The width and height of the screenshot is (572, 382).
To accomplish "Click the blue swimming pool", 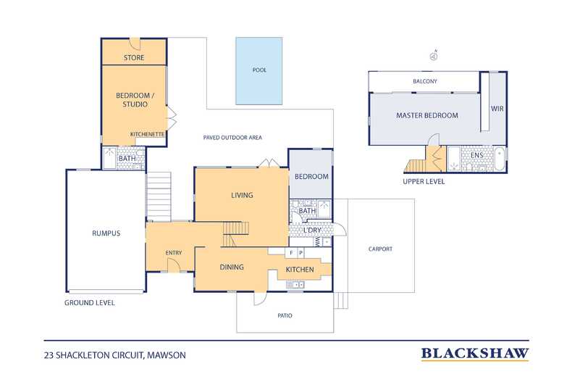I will [258, 70].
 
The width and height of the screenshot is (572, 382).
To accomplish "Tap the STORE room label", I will [134, 57].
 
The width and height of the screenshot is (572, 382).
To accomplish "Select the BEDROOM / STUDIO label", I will [132, 99].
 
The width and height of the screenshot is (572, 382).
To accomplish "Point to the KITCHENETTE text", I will [148, 134].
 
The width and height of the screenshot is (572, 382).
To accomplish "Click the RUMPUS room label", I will [106, 233].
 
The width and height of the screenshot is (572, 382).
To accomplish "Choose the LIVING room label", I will [242, 195].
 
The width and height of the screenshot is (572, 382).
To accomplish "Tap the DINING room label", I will [232, 267].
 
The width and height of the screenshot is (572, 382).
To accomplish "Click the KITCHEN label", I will [300, 270].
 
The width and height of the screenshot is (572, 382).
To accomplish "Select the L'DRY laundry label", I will [313, 231].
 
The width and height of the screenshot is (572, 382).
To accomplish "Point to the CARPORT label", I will [380, 249].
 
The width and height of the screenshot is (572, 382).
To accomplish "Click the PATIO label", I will [285, 315].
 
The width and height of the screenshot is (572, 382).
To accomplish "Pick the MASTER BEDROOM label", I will [427, 116].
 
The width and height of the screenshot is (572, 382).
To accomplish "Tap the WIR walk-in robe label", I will [497, 109].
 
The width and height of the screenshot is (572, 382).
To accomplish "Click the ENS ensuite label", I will [476, 155].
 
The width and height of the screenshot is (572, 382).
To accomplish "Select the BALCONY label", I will [425, 81].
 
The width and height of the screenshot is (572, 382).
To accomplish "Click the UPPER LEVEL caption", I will [424, 181].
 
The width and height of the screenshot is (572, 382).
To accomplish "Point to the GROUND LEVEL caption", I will [90, 302].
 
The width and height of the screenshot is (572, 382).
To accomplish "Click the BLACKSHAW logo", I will [475, 354].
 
